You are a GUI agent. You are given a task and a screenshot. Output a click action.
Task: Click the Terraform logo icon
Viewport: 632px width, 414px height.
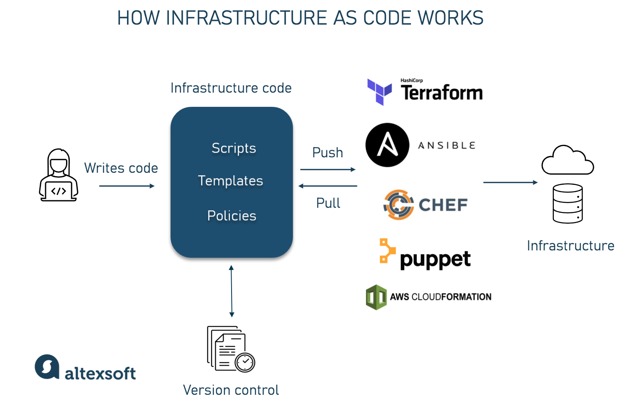click(379, 92)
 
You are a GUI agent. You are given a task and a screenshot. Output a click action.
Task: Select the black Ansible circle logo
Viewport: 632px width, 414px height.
click(387, 145)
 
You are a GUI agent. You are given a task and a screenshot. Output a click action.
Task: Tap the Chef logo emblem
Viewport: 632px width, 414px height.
click(399, 204)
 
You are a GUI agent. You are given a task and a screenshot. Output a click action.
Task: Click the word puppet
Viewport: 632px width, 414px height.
click(435, 260)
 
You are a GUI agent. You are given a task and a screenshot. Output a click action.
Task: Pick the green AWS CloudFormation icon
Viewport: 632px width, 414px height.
click(376, 297)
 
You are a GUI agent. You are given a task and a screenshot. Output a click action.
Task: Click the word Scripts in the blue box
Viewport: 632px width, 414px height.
click(234, 148)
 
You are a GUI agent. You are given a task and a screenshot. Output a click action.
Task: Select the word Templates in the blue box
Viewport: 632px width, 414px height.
click(230, 181)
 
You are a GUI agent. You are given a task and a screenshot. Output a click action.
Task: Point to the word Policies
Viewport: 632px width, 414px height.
click(232, 216)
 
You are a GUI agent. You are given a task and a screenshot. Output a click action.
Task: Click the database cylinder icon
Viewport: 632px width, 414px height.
click(568, 204)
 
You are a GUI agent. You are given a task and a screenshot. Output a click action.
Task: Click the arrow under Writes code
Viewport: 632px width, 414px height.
click(127, 186)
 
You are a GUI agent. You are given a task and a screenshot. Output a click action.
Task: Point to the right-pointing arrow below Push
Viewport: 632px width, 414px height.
click(328, 169)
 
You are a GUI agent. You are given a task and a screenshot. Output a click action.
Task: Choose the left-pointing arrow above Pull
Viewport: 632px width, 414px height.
click(328, 186)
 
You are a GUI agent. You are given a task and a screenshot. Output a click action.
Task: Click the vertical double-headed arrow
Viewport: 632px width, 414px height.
click(232, 291)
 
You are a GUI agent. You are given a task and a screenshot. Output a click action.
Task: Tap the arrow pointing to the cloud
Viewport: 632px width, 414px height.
click(510, 182)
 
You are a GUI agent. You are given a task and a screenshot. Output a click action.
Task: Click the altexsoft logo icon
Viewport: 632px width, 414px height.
click(47, 367)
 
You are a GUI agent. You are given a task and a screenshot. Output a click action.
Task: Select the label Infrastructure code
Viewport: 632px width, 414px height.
click(231, 88)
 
